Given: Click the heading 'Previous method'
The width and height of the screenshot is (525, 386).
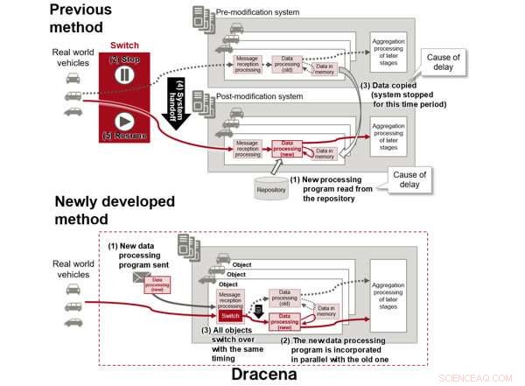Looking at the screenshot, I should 80,19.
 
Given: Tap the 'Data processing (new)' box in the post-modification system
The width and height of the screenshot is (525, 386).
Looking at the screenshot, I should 287,148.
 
